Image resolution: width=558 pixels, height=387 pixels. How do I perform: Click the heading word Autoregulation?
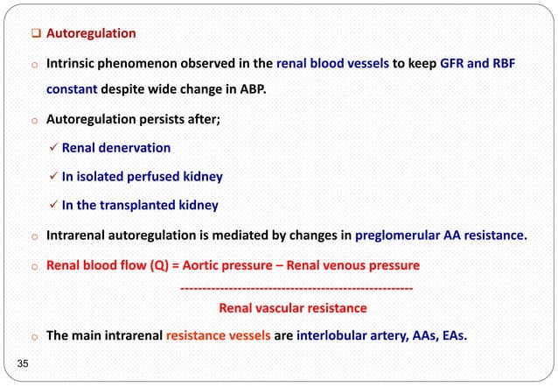(91, 33)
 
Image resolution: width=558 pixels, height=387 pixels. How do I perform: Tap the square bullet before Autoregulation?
(36, 33)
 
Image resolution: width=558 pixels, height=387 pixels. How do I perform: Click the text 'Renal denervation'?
(115, 148)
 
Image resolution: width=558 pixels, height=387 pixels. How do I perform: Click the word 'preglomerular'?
(420, 235)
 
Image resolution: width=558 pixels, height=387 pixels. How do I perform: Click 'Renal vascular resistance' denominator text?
(292, 307)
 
